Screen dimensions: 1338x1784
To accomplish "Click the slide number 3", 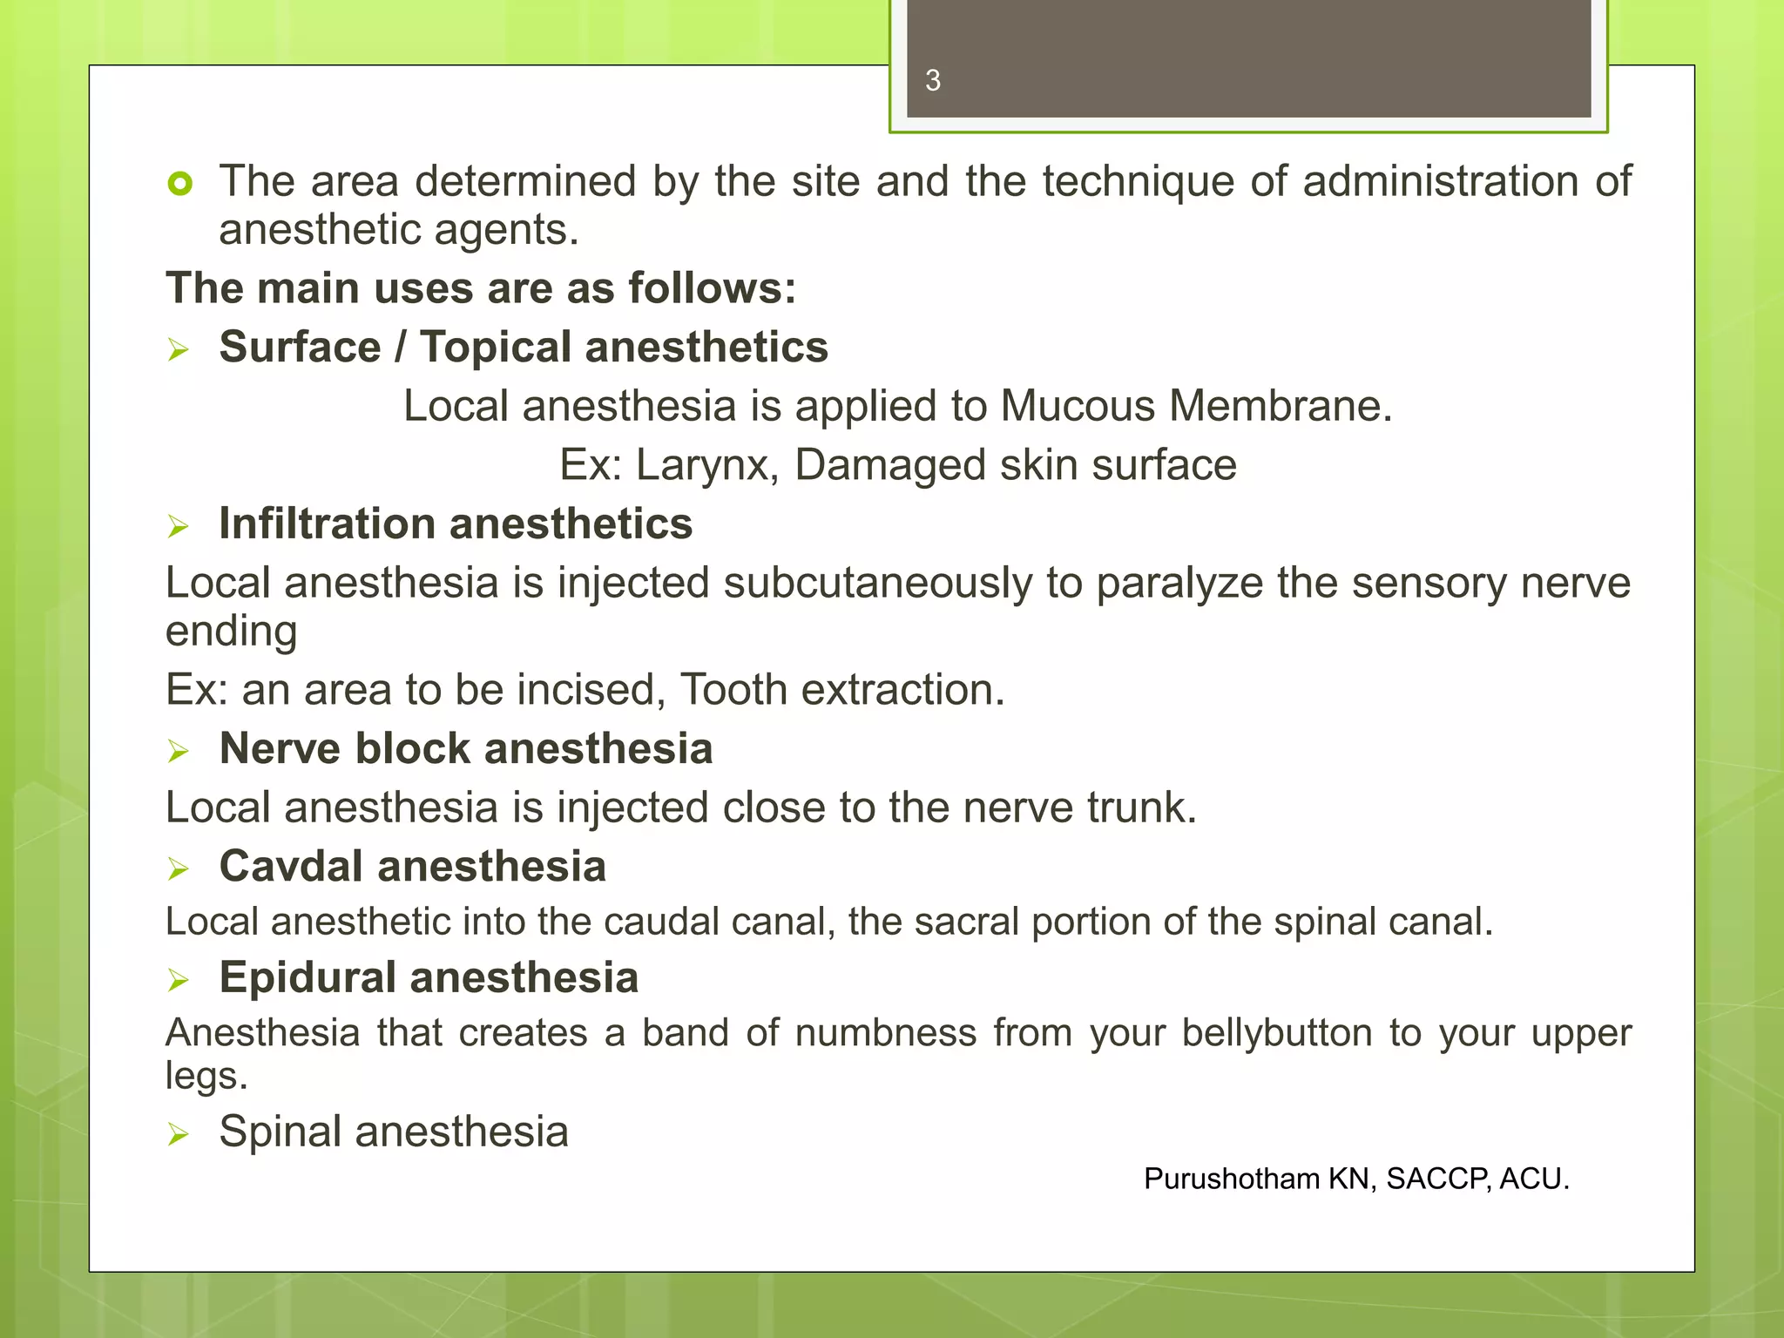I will pyautogui.click(x=933, y=81).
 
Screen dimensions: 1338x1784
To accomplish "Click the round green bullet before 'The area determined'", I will pyautogui.click(x=180, y=184).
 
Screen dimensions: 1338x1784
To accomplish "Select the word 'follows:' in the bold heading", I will pyautogui.click(x=712, y=288).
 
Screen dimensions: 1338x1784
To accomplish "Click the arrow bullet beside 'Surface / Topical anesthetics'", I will pyautogui.click(x=179, y=350).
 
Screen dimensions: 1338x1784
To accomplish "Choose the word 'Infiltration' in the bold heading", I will pyautogui.click(x=326, y=524).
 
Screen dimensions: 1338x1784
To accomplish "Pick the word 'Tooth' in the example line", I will pyautogui.click(x=733, y=690).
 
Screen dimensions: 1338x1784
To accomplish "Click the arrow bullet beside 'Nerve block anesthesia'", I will pyautogui.click(x=179, y=751).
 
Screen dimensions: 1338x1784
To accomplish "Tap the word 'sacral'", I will pyautogui.click(x=966, y=922).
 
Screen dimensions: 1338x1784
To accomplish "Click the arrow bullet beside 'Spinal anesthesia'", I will pyautogui.click(x=179, y=1134).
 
